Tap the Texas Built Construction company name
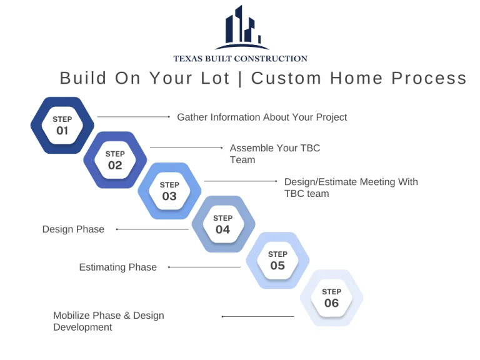[241, 59]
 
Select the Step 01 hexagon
[62, 125]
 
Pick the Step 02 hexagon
[115, 160]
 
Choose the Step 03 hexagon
[169, 191]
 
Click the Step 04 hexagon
[223, 224]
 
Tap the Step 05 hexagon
[277, 261]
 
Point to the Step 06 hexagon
[331, 298]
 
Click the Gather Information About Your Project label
[262, 117]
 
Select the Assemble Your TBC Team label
[274, 154]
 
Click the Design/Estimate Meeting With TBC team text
[351, 187]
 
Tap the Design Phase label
[73, 229]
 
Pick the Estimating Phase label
[117, 267]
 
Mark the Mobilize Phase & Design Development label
[108, 321]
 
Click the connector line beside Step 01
[134, 116]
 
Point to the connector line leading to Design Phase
[152, 229]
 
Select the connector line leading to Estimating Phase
[204, 267]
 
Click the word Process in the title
[429, 78]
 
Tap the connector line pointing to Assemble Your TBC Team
[186, 147]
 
